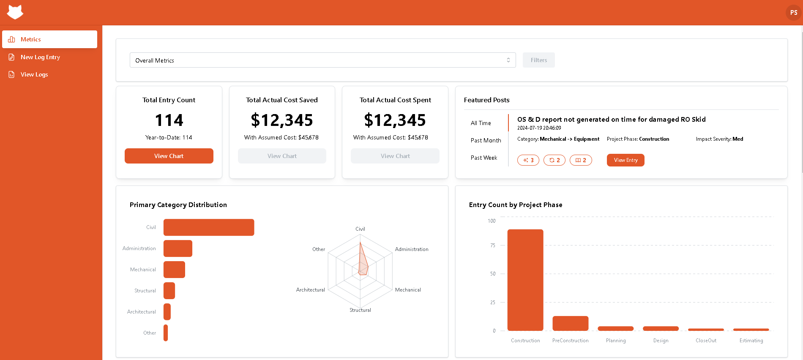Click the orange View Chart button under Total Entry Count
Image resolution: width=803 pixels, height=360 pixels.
click(x=169, y=156)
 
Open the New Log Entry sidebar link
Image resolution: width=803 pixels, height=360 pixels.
click(x=40, y=57)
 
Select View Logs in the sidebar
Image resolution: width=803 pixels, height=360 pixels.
click(x=34, y=74)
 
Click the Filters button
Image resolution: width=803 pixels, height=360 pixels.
click(x=538, y=60)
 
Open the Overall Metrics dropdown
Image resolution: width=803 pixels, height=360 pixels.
click(x=322, y=60)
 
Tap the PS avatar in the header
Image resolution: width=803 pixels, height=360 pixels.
click(x=793, y=13)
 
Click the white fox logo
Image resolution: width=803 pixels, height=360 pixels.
click(x=15, y=12)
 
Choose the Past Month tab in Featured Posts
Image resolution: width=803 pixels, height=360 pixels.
click(x=486, y=140)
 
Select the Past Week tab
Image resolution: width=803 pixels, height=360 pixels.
click(x=483, y=158)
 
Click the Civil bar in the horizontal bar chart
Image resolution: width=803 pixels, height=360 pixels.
click(x=208, y=227)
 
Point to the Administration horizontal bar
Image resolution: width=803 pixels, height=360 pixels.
click(x=178, y=248)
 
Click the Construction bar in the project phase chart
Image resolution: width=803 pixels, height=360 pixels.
click(x=525, y=280)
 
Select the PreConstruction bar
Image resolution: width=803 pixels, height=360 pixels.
click(x=570, y=323)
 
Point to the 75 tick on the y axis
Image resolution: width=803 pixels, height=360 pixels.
click(x=492, y=245)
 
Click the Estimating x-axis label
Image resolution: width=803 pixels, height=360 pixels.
click(x=751, y=341)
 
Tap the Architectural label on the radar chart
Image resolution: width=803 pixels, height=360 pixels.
click(x=310, y=290)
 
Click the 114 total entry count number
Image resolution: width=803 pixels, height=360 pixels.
click(x=169, y=120)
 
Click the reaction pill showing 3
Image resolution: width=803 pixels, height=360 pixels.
click(x=528, y=160)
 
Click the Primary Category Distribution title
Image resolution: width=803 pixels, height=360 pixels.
click(x=178, y=205)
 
